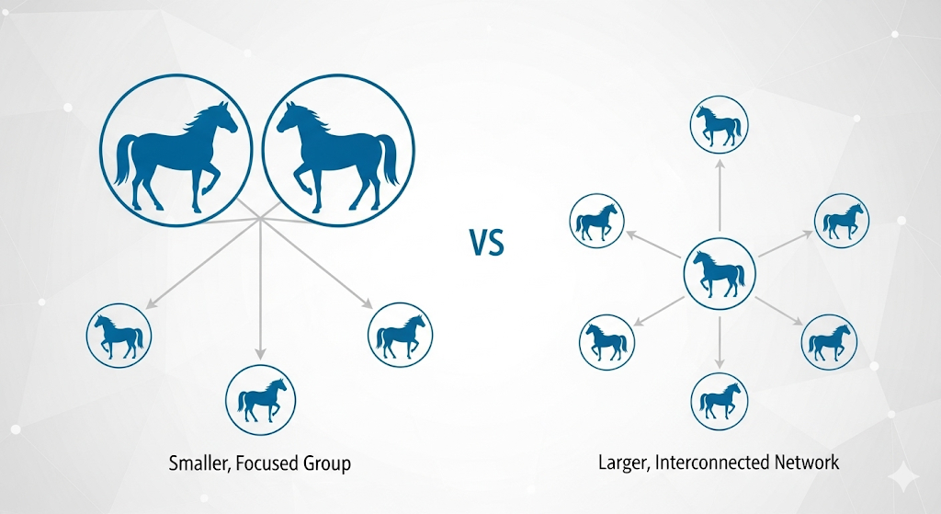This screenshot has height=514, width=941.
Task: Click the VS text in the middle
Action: [x=487, y=243]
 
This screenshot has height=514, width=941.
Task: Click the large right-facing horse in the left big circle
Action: [x=176, y=155]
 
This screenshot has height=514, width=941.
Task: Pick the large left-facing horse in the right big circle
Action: [x=337, y=155]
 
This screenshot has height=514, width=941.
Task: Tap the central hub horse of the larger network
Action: [x=719, y=274]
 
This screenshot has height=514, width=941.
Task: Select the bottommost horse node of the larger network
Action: [x=720, y=401]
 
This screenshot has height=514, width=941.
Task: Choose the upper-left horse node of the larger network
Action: [x=596, y=221]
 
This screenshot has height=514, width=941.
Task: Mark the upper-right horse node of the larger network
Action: [x=842, y=221]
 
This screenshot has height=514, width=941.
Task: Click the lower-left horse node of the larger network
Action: [x=607, y=342]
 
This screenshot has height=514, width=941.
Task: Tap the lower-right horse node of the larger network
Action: [x=830, y=342]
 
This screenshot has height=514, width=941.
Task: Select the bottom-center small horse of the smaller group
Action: [x=260, y=399]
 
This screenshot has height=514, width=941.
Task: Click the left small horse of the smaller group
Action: [x=119, y=336]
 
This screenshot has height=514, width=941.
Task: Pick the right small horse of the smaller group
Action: [x=401, y=335]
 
